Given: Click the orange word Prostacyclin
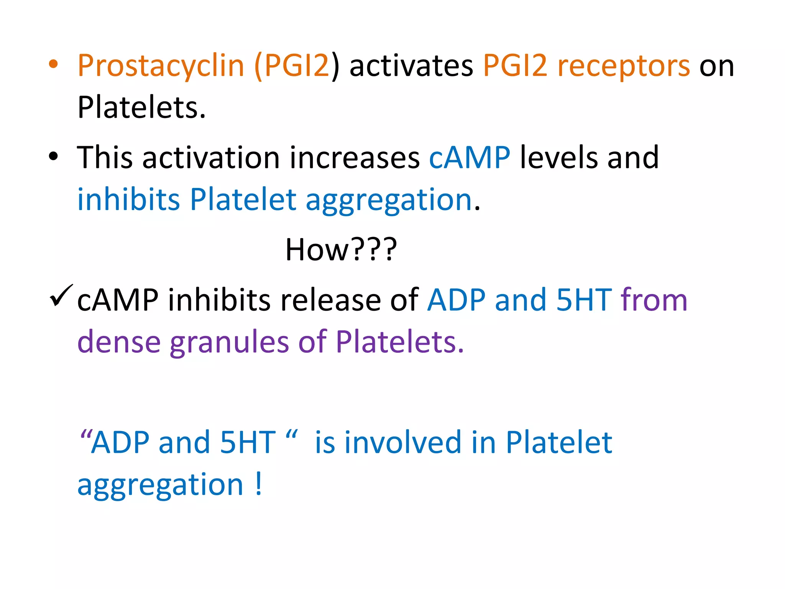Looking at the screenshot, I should click(161, 66).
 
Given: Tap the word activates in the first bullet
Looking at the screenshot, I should click(411, 66).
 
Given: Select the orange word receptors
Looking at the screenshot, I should click(624, 66).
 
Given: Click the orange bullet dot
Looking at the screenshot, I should click(53, 64).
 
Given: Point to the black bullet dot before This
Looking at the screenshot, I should click(53, 156).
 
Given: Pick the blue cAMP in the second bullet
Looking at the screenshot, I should click(470, 158).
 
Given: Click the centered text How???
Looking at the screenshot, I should click(341, 249).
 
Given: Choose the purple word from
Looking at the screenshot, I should click(654, 300).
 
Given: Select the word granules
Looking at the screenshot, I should click(229, 342).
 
